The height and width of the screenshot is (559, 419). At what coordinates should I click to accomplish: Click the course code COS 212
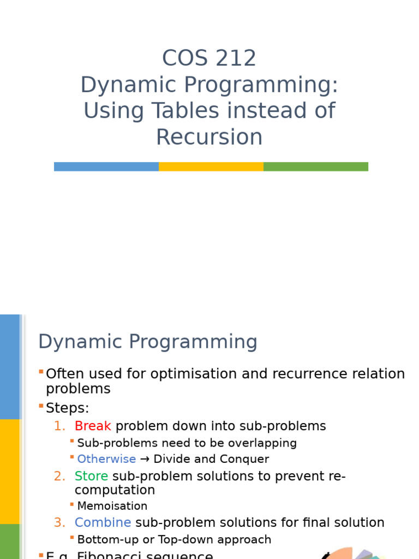[209, 58]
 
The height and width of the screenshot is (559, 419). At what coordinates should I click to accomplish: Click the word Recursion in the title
[209, 137]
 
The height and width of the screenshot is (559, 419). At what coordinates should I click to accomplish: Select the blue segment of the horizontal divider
[106, 166]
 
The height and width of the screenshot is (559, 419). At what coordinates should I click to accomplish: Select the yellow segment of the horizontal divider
[211, 166]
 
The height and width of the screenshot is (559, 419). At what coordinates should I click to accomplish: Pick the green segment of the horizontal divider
[316, 166]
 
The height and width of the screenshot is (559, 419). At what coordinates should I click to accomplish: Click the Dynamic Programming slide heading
[147, 342]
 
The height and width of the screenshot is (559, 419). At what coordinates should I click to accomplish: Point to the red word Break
[93, 426]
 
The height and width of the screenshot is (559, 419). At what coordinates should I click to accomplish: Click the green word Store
[91, 476]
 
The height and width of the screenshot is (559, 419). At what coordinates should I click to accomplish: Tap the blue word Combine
[103, 522]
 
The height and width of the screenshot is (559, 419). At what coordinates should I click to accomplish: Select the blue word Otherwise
[106, 459]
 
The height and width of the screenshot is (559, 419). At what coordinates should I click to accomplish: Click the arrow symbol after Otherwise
[145, 459]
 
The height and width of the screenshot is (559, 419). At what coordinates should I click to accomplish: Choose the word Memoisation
[112, 506]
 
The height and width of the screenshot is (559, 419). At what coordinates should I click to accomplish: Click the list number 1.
[59, 426]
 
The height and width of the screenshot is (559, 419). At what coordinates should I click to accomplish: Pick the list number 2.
[59, 477]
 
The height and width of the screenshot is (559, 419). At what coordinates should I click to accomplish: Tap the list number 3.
[59, 523]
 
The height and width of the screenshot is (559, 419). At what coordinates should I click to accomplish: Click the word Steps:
[67, 408]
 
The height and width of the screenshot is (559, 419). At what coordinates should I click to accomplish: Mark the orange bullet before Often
[41, 372]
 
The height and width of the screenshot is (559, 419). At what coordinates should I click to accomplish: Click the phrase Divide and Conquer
[211, 459]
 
